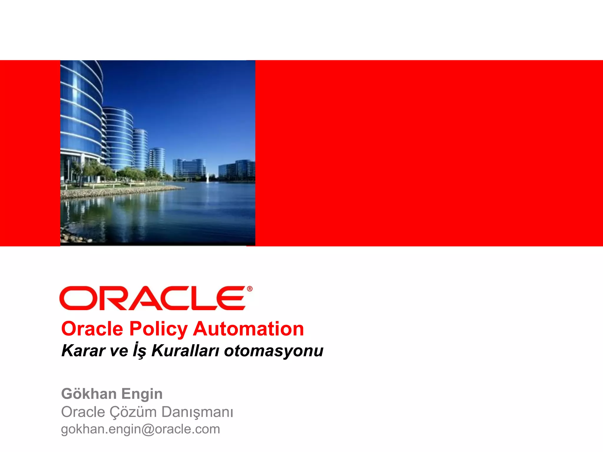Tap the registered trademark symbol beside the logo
pos(250,289)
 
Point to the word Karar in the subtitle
pos(83,351)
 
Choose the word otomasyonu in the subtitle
pos(274,351)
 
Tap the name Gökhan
pos(89,394)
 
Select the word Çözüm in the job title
pos(133,412)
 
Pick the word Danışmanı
pos(197,412)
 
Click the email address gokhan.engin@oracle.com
pos(140,429)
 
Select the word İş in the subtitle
pos(139,351)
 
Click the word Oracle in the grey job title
pos(83,412)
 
